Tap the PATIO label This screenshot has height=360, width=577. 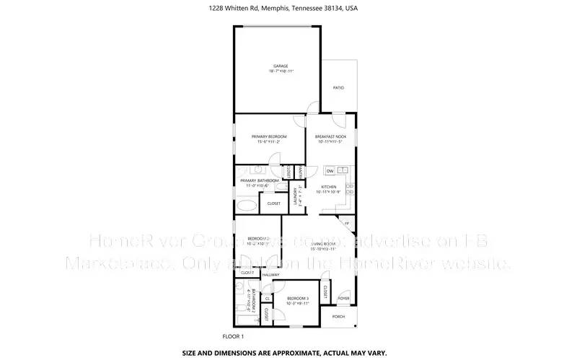(x=338, y=88)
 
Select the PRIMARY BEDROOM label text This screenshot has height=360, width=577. (x=269, y=136)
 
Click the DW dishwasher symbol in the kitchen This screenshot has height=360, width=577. (x=330, y=171)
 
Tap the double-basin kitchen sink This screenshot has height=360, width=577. (x=343, y=171)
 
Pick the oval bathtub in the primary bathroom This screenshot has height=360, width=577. (x=246, y=206)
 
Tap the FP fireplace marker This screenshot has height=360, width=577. (x=347, y=224)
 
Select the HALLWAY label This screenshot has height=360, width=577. (x=270, y=275)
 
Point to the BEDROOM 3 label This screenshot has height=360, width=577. (x=297, y=298)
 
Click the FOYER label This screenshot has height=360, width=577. (x=344, y=298)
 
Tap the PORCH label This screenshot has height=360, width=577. (x=338, y=317)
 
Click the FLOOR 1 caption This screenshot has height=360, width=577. (x=233, y=336)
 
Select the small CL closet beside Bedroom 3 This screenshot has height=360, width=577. (x=267, y=297)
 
